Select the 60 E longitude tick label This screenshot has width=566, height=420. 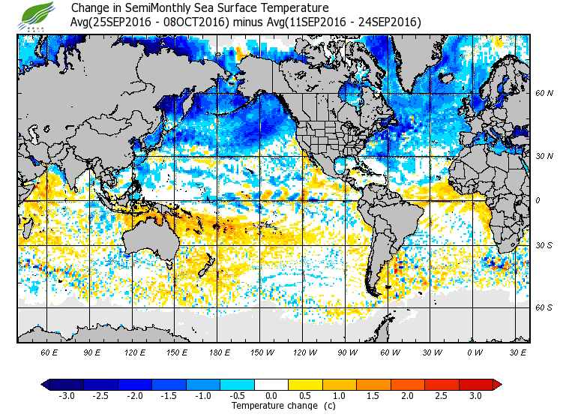(x=49, y=352)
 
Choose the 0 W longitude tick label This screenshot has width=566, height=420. (x=475, y=352)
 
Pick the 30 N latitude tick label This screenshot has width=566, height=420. (x=544, y=155)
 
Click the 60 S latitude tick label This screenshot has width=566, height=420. (x=544, y=307)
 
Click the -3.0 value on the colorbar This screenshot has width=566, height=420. (x=67, y=395)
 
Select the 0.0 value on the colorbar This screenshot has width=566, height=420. (x=271, y=395)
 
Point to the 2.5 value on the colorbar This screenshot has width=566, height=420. (x=442, y=395)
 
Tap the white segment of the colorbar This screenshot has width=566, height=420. (x=271, y=384)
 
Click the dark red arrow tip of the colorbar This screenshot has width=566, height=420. (x=497, y=384)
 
